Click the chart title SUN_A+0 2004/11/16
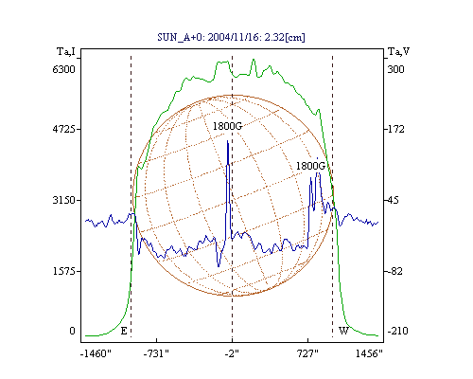coord(231,37)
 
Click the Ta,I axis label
coord(66,51)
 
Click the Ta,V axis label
coord(398,51)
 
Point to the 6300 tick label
coord(63,69)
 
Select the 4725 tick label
coord(63,129)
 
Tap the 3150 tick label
coord(63,200)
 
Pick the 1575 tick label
coord(63,271)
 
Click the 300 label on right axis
coord(395,69)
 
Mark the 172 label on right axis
coord(395,129)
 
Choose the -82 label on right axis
coord(394,271)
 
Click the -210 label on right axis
coord(397,331)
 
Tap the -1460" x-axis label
coord(96,353)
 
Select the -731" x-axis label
coord(156,353)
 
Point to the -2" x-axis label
coord(232,353)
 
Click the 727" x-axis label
coord(307,353)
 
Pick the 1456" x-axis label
coord(369,353)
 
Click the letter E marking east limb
coord(124,331)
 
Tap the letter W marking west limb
coord(343,331)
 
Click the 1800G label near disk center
coord(227,126)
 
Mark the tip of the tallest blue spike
coord(228,141)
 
